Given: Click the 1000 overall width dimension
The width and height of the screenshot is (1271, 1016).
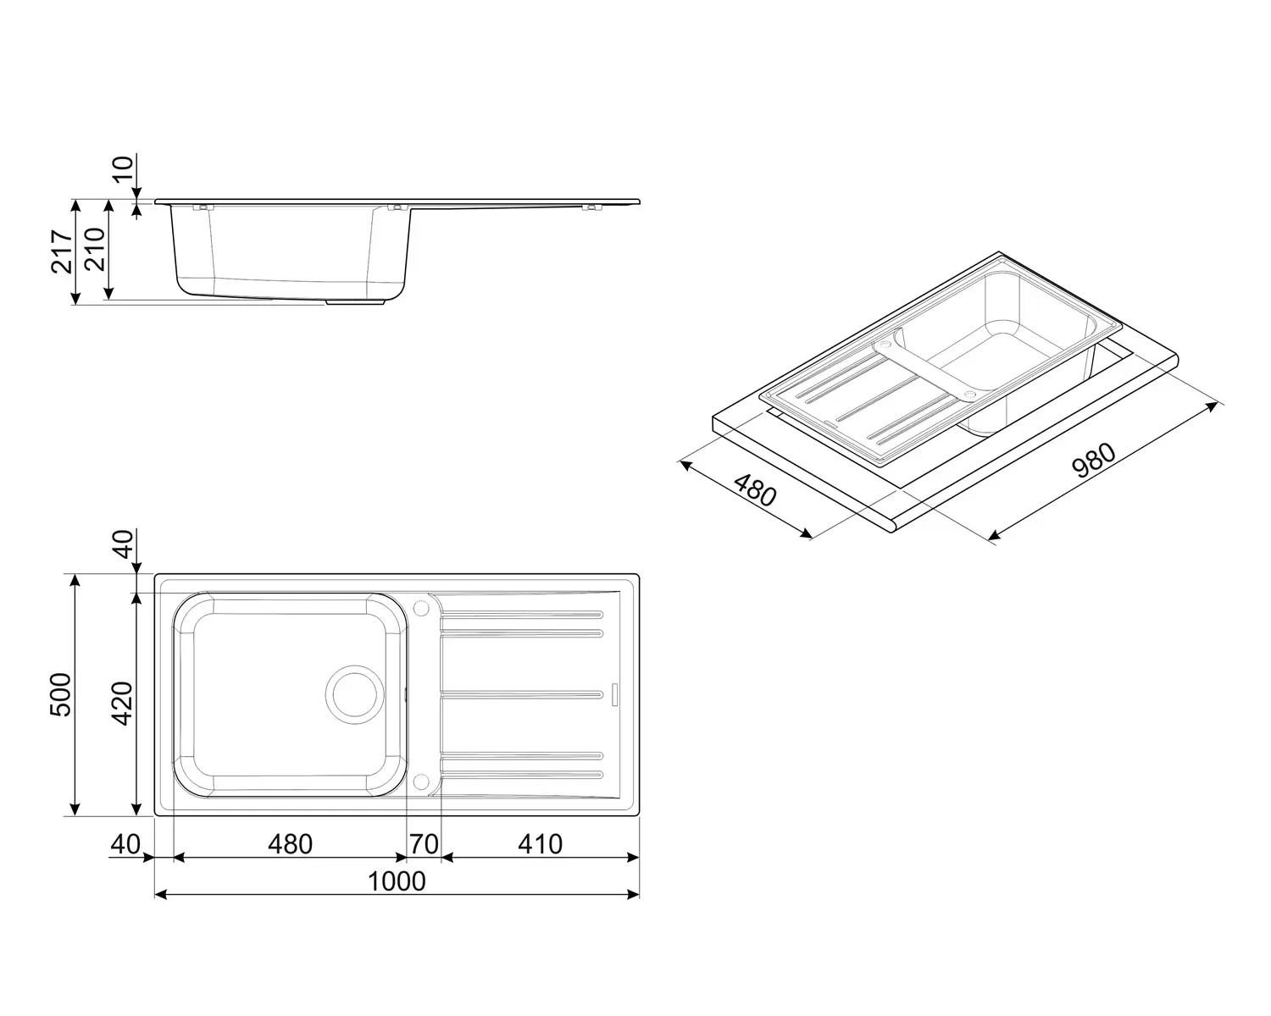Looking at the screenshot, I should (x=397, y=881).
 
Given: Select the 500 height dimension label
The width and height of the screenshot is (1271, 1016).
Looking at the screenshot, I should (x=61, y=694).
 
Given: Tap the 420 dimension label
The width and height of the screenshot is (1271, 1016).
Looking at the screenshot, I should (x=123, y=702).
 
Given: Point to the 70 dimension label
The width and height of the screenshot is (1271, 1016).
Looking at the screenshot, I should (x=424, y=844).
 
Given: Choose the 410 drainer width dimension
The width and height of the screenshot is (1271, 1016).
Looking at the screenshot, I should (x=540, y=844).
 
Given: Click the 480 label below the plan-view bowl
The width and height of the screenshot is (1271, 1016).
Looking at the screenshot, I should (x=290, y=844).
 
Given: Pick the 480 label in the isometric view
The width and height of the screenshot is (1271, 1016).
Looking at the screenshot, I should (x=754, y=490).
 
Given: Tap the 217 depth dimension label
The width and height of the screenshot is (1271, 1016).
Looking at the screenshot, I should (x=61, y=251).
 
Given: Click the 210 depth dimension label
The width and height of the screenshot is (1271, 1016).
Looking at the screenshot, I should (x=94, y=249).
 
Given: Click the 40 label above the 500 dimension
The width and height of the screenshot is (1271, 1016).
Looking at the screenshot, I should (x=124, y=544).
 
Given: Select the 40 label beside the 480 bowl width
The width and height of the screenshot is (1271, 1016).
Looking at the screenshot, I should (x=125, y=844).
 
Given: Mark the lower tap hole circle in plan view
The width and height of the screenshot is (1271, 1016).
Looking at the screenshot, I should (x=420, y=781).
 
